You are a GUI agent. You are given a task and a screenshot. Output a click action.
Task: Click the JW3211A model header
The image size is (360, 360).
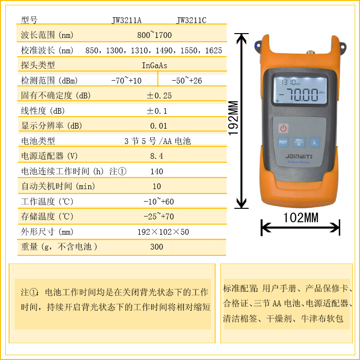(x=127, y=20)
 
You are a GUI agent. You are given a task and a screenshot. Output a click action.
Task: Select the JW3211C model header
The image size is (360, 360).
(x=191, y=20)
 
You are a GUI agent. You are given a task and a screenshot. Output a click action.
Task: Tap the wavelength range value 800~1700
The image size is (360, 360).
(x=154, y=35)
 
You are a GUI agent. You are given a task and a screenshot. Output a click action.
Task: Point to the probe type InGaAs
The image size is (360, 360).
(x=154, y=65)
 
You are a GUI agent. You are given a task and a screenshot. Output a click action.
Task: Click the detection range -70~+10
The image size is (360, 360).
(x=126, y=80)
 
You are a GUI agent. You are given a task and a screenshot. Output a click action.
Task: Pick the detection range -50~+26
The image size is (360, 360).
(x=187, y=80)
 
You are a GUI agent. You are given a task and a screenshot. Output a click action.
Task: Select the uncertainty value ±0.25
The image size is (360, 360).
(x=159, y=96)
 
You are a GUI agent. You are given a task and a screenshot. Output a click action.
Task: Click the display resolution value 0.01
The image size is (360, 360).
(x=158, y=126)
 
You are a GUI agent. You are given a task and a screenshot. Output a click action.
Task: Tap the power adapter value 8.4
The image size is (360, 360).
(x=156, y=156)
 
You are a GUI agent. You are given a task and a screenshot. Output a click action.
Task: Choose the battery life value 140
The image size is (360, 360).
(x=156, y=171)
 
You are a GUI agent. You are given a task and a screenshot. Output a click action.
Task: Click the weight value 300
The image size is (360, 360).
(x=156, y=247)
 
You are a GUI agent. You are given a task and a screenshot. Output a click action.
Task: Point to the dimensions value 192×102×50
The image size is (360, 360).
(x=163, y=232)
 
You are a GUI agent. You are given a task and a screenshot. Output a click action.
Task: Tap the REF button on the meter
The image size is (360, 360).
(x=283, y=142)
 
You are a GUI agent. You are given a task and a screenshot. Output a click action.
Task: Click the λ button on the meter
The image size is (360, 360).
(x=314, y=143)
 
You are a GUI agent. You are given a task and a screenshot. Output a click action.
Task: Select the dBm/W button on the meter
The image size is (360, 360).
(x=299, y=142)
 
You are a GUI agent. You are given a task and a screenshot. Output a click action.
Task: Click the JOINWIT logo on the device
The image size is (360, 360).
(x=299, y=156)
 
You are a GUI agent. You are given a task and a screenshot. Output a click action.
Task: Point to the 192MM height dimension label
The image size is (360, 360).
(x=233, y=118)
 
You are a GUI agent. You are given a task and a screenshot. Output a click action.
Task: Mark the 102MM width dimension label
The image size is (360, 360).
(x=301, y=217)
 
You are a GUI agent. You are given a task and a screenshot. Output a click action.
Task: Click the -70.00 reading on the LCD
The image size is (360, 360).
(x=299, y=95)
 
